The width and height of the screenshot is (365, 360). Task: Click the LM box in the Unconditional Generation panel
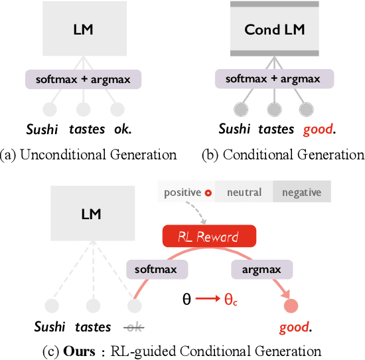tap(83, 31)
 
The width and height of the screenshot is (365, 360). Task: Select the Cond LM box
tap(271, 31)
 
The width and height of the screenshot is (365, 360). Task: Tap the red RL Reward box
tap(209, 236)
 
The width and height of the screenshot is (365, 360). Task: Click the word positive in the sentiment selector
tap(182, 193)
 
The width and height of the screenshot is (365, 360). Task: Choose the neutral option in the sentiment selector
tap(244, 193)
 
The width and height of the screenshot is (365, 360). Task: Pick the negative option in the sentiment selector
tap(301, 193)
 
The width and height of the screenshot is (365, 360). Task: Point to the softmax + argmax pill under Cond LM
tap(272, 80)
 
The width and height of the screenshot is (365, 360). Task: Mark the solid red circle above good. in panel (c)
tap(290, 306)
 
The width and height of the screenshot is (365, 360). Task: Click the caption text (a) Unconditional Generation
tap(89, 155)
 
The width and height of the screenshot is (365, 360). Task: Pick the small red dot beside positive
tap(208, 193)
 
